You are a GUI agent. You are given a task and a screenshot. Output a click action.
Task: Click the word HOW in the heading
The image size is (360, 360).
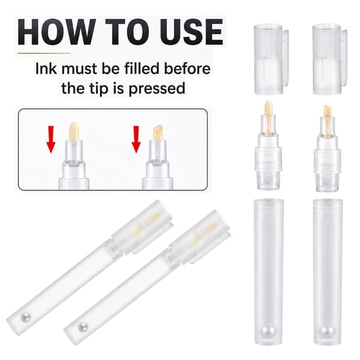[x=57, y=32]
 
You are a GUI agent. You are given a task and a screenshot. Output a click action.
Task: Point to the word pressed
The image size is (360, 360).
[x=157, y=88]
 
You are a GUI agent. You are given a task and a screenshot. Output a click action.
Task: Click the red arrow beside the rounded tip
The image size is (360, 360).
[x=51, y=139]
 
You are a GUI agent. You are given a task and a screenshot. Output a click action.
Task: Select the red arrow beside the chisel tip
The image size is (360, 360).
[x=136, y=139]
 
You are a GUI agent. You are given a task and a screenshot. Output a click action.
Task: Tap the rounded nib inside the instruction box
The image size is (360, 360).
[x=74, y=131]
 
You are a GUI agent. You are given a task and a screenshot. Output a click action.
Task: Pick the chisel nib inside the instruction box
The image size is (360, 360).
[x=158, y=133]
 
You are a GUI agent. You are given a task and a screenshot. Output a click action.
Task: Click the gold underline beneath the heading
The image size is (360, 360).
[x=44, y=53]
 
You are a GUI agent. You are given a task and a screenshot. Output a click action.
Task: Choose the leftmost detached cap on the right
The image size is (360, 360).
[x=271, y=59]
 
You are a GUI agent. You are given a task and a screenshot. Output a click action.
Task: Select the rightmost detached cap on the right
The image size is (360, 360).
[x=329, y=59]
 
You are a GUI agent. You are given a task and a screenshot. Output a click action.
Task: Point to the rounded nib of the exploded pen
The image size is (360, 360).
[x=268, y=108]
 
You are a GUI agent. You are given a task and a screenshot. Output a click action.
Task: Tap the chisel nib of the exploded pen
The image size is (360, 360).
[x=328, y=111]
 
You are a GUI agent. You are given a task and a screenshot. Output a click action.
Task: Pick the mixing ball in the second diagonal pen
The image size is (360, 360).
[x=83, y=327]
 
